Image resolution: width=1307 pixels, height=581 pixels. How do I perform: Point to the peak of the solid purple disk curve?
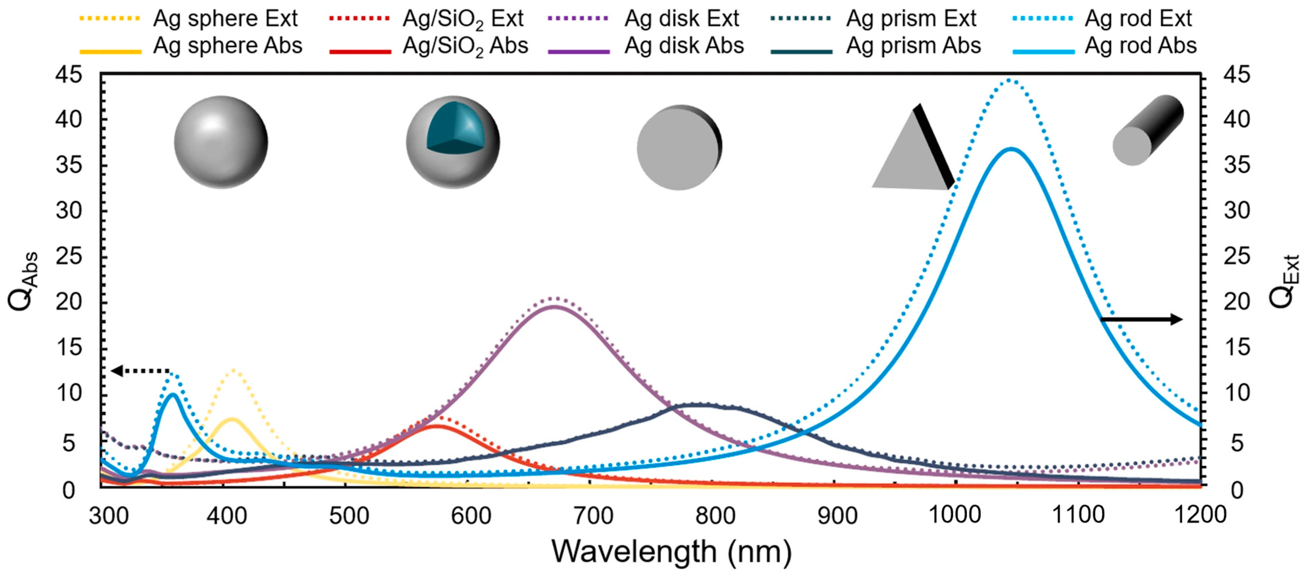[554, 306]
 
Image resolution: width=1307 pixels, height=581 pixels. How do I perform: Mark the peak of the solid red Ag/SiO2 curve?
[436, 425]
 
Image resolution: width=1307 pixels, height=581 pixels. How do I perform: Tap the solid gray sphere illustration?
[221, 142]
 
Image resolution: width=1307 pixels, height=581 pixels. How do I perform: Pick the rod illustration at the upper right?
[1148, 130]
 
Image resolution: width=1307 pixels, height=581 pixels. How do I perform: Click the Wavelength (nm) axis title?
[671, 551]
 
